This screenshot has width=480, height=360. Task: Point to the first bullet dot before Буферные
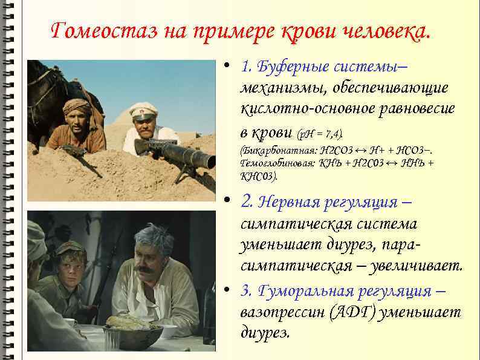click(225, 65)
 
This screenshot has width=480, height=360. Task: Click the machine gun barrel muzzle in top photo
click(208, 161)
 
